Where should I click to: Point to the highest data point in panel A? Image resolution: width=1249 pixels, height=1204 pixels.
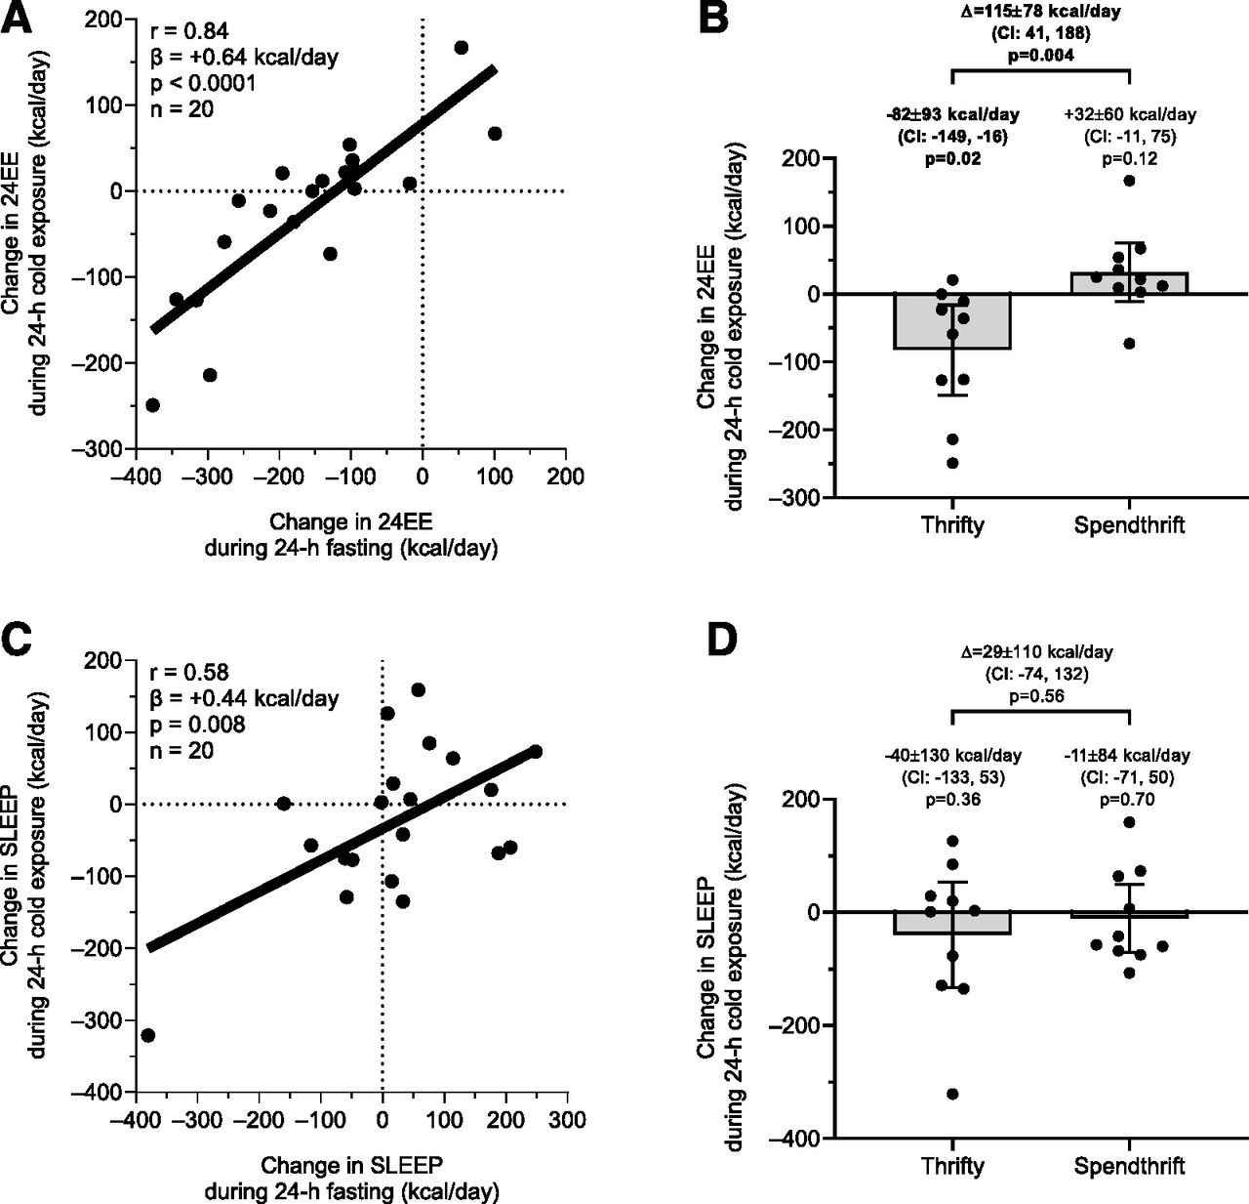[462, 48]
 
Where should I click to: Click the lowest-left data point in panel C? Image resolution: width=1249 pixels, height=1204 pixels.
[148, 1035]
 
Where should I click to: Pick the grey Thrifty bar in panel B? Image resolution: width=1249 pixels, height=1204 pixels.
[952, 322]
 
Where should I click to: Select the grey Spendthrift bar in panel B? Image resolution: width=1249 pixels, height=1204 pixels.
[1129, 283]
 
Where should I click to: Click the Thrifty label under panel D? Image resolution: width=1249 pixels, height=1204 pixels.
[952, 1165]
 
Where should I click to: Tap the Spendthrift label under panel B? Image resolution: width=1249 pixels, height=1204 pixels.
[1129, 524]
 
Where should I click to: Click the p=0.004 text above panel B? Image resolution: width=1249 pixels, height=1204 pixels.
[1040, 56]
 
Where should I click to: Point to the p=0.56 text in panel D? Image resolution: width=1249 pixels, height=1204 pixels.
[1040, 696]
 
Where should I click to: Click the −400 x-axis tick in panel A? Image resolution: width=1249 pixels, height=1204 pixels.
[135, 477]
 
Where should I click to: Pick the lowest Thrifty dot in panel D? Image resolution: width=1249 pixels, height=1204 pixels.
[952, 1094]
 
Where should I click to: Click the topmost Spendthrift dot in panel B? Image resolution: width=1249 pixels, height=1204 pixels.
[1129, 181]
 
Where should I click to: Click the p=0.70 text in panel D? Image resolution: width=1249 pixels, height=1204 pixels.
[1129, 800]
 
